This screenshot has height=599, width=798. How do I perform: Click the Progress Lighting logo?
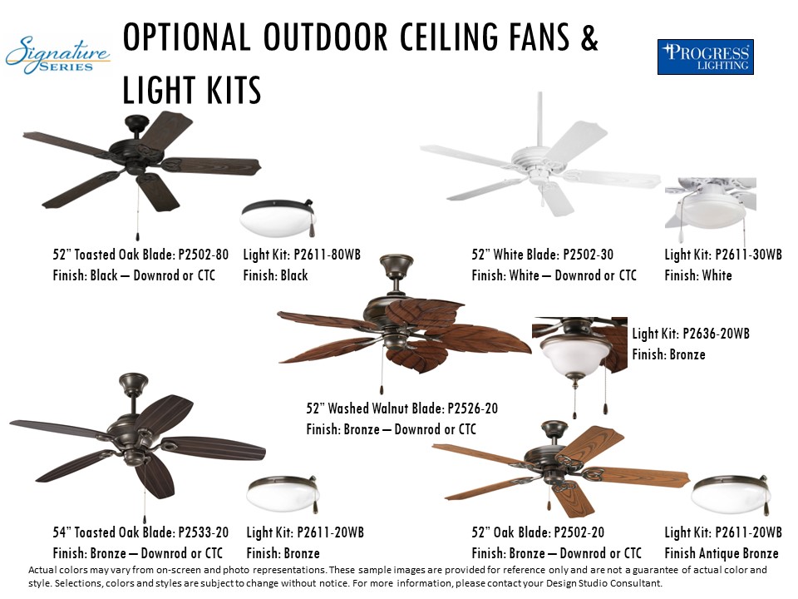(706, 57)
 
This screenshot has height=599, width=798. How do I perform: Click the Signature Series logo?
(57, 55)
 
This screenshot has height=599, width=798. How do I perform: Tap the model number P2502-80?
(203, 255)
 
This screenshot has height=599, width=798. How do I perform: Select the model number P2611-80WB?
(327, 255)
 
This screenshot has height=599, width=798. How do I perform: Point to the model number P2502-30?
(588, 255)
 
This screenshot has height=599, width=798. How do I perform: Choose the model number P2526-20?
(472, 408)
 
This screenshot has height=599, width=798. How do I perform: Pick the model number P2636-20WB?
(716, 334)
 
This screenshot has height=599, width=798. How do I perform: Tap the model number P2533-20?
(203, 532)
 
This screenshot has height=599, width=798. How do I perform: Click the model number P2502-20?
(579, 532)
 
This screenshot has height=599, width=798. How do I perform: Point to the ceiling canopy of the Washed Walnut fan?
(397, 265)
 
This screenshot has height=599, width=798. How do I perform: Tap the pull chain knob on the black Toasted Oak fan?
(137, 236)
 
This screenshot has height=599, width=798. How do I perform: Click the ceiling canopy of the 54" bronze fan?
(133, 384)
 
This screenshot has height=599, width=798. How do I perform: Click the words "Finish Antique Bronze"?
(722, 553)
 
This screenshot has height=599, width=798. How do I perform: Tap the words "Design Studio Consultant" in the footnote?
(603, 582)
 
